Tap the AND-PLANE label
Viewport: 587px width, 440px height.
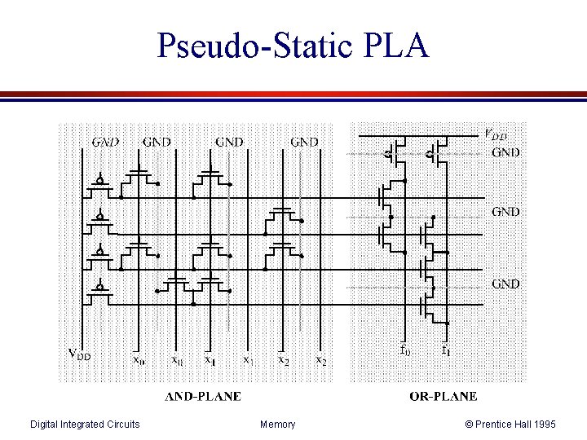[x=203, y=397]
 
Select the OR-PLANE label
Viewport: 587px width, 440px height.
[x=443, y=397]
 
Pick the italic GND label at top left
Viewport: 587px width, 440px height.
[x=104, y=141]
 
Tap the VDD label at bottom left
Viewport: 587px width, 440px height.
[x=85, y=356]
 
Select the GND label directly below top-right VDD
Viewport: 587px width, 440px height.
[x=505, y=152]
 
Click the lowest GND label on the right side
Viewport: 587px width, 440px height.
[x=505, y=284]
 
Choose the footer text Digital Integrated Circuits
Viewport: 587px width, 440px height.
[x=85, y=424]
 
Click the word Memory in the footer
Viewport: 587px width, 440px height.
[x=278, y=424]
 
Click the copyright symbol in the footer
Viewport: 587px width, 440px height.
[x=469, y=424]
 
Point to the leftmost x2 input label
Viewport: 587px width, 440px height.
[x=283, y=359]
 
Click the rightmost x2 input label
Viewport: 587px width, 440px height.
[x=322, y=359]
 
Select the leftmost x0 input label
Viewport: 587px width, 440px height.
[x=140, y=359]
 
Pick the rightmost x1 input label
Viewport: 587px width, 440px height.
[x=247, y=359]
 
